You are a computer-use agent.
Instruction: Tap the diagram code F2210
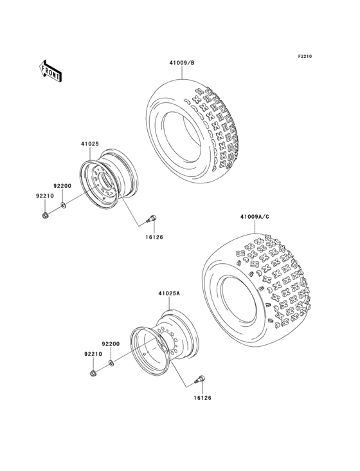(x=304, y=57)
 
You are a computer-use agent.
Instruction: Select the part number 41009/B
(x=182, y=63)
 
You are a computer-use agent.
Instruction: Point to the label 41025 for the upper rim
(x=89, y=144)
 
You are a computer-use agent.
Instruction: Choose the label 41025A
(x=169, y=294)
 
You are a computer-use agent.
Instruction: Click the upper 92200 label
(x=62, y=185)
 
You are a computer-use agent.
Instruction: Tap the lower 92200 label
(x=111, y=345)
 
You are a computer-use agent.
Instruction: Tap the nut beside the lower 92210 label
(x=94, y=373)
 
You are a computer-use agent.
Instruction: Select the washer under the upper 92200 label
(x=63, y=205)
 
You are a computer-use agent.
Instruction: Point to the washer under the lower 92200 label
(x=111, y=364)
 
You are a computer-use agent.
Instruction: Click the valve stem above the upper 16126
(x=153, y=219)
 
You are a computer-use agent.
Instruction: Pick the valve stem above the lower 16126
(x=200, y=379)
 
